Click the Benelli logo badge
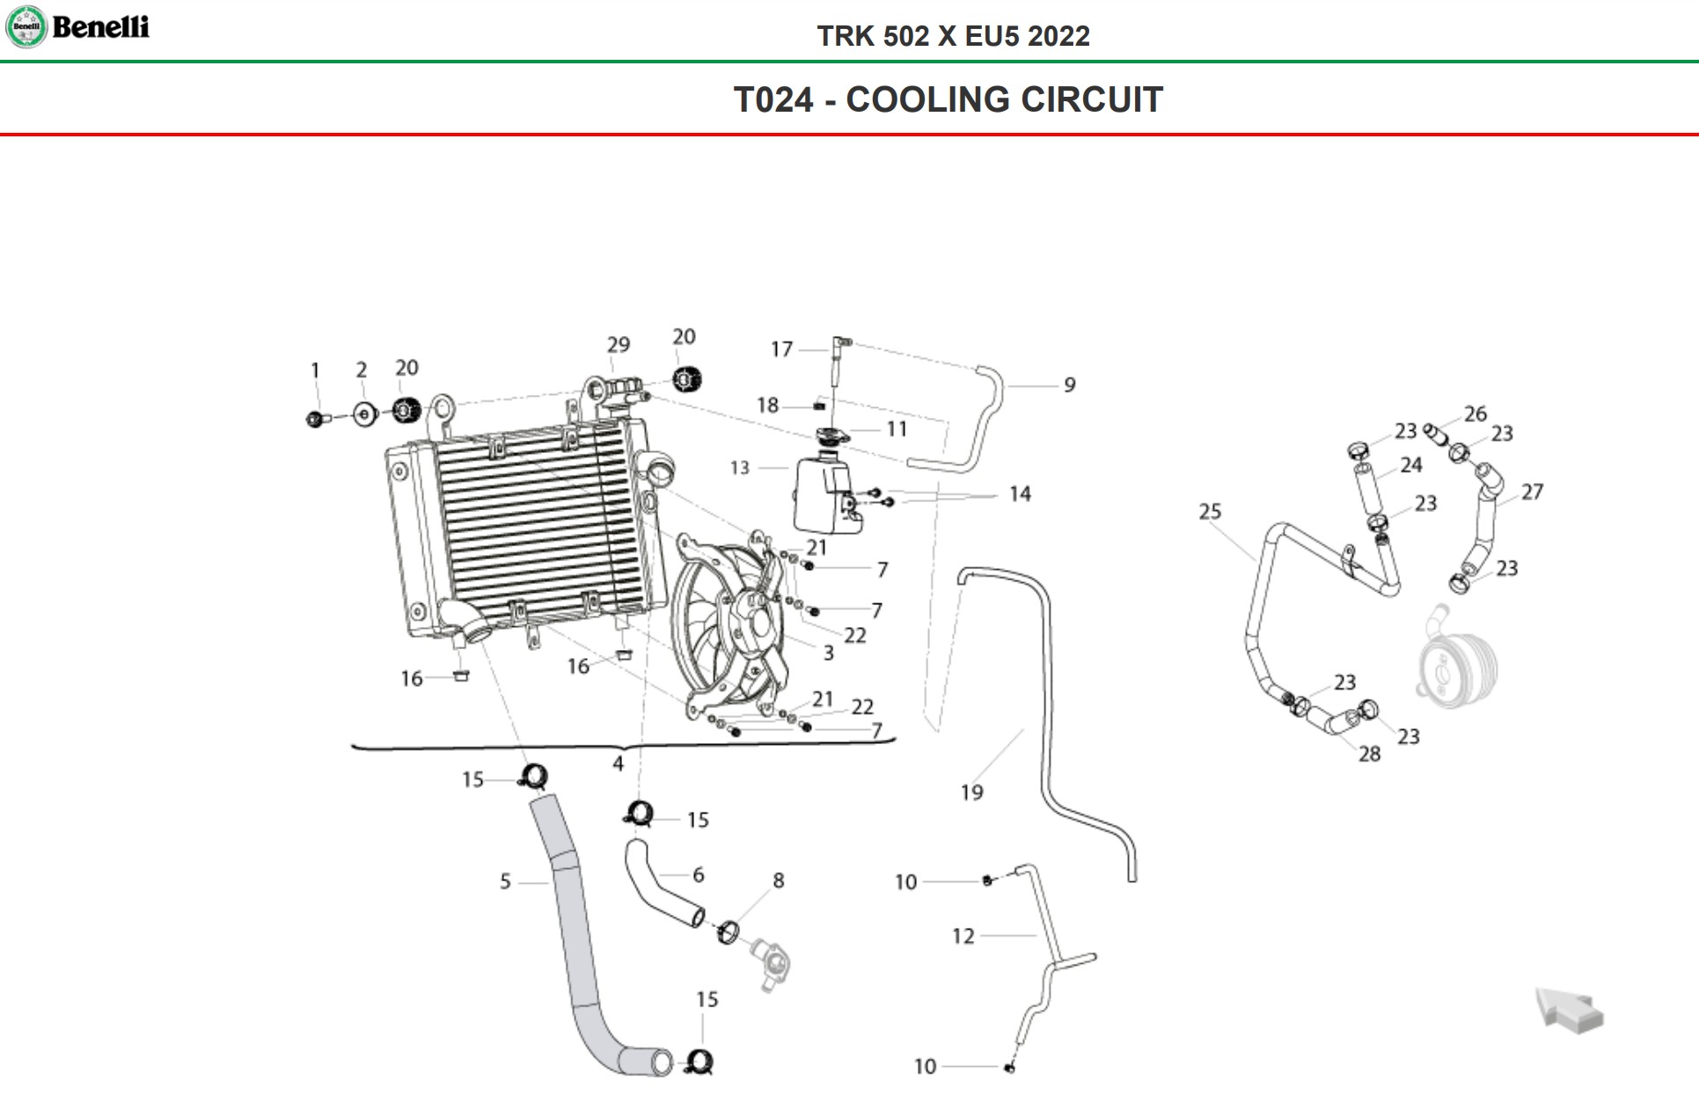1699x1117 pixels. (26, 26)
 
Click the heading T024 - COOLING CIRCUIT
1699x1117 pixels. (948, 99)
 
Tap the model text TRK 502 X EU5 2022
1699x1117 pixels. (953, 36)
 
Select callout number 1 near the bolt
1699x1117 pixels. (315, 370)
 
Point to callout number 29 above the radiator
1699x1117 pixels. (619, 345)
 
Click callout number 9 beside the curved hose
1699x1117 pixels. (1069, 385)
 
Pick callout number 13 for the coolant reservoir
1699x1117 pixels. (740, 468)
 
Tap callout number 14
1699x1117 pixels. (1020, 494)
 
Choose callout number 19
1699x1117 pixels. (971, 792)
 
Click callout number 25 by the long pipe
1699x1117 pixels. (1210, 511)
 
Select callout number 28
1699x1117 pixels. (1369, 754)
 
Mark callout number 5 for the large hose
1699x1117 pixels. (505, 881)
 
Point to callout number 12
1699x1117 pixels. (963, 936)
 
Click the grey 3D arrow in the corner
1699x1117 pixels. (1570, 1010)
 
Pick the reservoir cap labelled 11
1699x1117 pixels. (831, 436)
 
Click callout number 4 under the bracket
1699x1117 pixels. (618, 763)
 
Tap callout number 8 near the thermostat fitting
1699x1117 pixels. (778, 880)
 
